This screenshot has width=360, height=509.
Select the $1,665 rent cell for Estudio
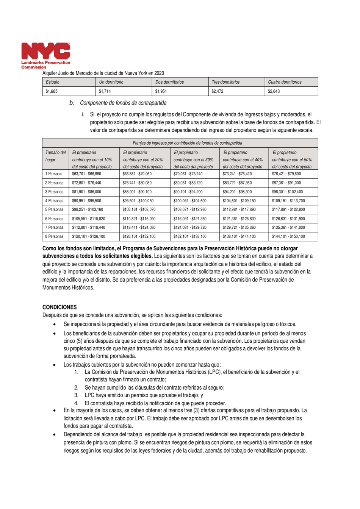click(x=52, y=91)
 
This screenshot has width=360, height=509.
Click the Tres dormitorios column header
click(x=225, y=82)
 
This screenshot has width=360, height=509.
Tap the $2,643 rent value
click(x=274, y=91)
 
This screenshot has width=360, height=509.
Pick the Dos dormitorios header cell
click(x=169, y=82)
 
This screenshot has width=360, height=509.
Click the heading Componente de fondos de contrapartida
click(x=123, y=103)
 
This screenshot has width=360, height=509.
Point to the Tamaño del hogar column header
click(x=55, y=156)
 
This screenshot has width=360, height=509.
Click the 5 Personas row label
click(x=55, y=209)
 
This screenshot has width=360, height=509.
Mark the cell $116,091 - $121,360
click(x=190, y=219)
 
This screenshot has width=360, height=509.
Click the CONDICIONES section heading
click(x=59, y=307)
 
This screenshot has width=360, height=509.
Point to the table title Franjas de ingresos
click(x=187, y=143)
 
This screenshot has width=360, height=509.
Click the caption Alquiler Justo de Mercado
click(x=103, y=73)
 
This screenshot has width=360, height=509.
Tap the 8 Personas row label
click(x=55, y=236)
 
